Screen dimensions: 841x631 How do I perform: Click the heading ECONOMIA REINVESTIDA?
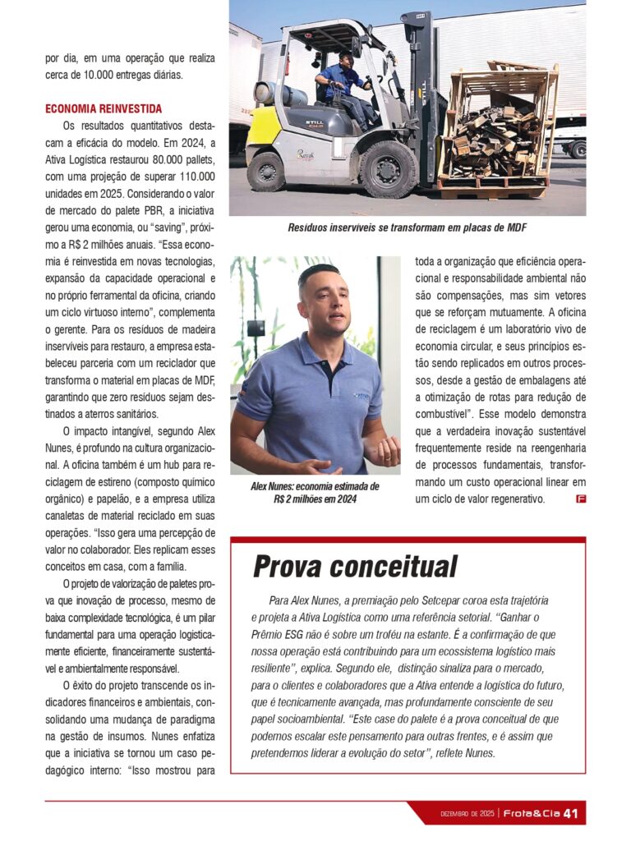[104, 108]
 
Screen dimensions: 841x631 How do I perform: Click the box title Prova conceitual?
[354, 566]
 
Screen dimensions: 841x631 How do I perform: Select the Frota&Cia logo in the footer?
[532, 814]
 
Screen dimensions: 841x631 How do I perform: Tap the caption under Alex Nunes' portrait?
[315, 492]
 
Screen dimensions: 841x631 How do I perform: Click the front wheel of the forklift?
[388, 168]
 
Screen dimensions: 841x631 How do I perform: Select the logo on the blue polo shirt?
[362, 395]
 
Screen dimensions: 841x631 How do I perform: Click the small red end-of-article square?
[581, 499]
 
